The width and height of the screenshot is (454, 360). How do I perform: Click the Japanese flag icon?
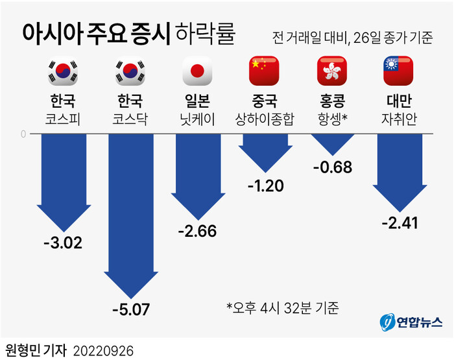[197, 71]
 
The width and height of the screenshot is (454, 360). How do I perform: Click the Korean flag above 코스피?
[63, 71]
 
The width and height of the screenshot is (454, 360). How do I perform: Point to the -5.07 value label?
[130, 309]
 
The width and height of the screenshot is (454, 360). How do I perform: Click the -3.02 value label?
[63, 245]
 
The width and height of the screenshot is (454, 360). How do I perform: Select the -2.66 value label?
[197, 232]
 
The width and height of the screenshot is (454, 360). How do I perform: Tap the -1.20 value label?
[264, 186]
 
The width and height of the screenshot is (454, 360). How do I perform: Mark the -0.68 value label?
[331, 168]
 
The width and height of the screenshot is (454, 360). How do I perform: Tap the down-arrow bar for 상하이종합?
[264, 152]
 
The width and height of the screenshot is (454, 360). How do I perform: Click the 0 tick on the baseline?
[24, 134]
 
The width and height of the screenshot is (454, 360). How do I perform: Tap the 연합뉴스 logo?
[411, 322]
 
